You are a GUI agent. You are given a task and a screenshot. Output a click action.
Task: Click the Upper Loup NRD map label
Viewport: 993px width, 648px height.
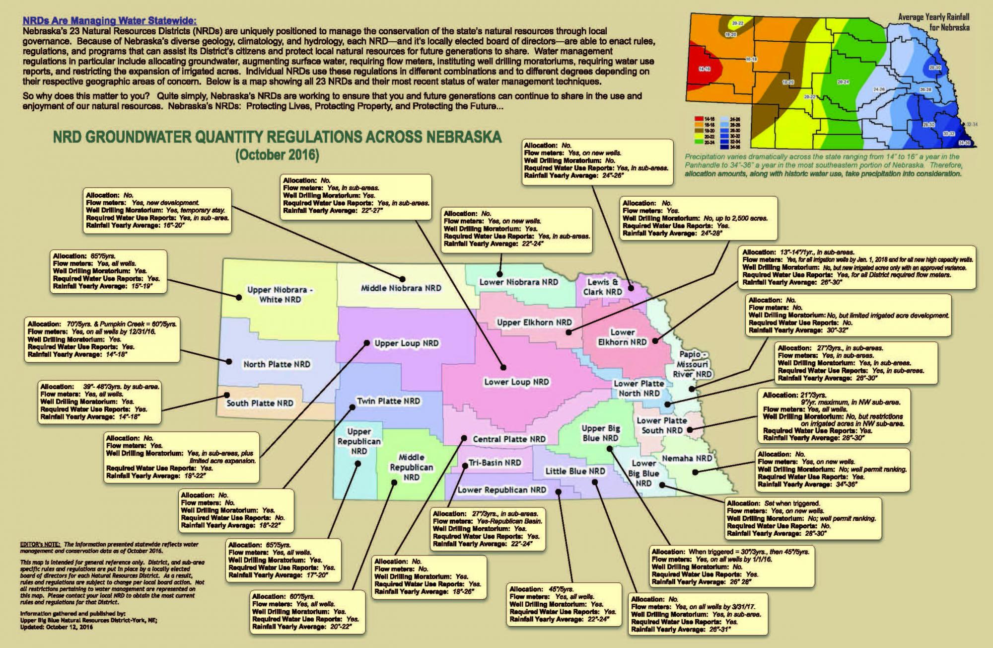pyautogui.click(x=406, y=343)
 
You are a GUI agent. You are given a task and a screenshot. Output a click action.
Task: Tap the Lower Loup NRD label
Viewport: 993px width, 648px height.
pyautogui.click(x=516, y=382)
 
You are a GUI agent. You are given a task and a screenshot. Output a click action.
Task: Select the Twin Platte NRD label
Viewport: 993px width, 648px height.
pyautogui.click(x=388, y=401)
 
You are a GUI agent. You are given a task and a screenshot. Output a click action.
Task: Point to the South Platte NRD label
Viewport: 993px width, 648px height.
pyautogui.click(x=260, y=403)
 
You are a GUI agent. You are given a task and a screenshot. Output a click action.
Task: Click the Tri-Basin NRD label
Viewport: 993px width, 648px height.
pyautogui.click(x=495, y=463)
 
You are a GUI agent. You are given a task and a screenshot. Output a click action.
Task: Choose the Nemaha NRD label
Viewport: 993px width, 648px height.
pyautogui.click(x=687, y=458)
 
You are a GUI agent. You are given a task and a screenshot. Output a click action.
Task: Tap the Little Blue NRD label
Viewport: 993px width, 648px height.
pyautogui.click(x=575, y=471)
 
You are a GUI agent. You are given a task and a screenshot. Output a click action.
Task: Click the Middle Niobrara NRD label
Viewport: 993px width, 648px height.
pyautogui.click(x=401, y=288)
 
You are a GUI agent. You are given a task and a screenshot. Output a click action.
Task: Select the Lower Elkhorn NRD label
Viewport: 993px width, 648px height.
pyautogui.click(x=622, y=337)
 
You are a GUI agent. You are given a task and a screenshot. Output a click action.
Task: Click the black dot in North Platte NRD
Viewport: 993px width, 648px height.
pyautogui.click(x=229, y=361)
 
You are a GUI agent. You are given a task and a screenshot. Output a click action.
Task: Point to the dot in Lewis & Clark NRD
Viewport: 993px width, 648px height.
pyautogui.click(x=631, y=287)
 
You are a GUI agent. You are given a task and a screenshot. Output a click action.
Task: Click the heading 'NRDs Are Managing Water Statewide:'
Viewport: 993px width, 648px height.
pyautogui.click(x=109, y=21)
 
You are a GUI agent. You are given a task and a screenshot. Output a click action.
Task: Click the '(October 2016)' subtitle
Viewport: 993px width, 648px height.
pyautogui.click(x=277, y=155)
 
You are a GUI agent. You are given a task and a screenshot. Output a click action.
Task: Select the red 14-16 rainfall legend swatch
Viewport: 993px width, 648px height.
pyautogui.click(x=699, y=119)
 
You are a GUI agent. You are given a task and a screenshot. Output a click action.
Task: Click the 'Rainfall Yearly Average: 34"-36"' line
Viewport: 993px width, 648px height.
pyautogui.click(x=807, y=484)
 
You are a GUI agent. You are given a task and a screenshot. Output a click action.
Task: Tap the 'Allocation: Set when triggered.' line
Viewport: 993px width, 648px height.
pyautogui.click(x=773, y=503)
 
